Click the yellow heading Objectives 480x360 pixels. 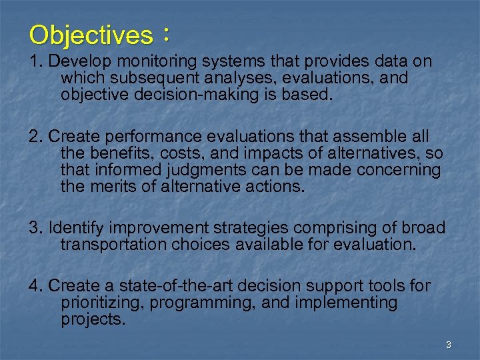click(91, 35)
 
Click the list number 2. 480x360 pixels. click(35, 136)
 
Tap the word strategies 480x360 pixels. click(253, 228)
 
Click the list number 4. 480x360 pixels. click(35, 286)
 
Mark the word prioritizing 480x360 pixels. click(101, 303)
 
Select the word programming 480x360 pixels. click(203, 303)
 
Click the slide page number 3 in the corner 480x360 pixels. click(448, 345)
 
